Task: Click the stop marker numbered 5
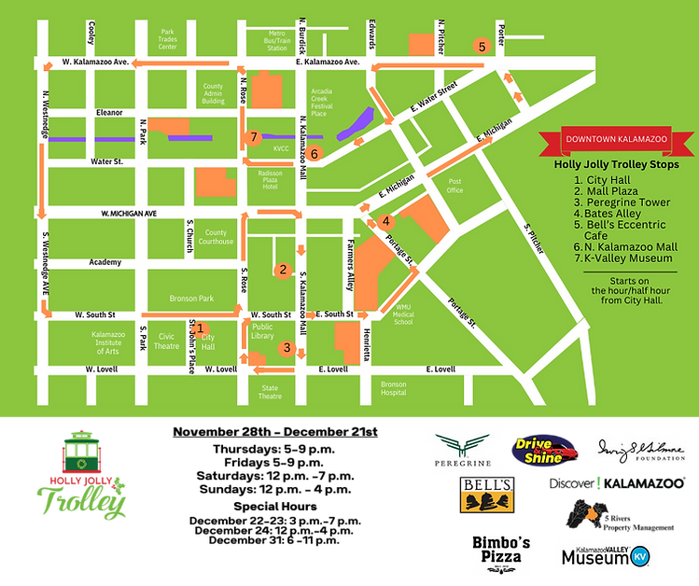(482, 46)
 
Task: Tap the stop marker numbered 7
(251, 137)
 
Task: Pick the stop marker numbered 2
(281, 271)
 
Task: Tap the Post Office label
(455, 185)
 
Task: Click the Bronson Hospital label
(394, 388)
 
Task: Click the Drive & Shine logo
(544, 450)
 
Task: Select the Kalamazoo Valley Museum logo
(603, 555)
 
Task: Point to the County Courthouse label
(217, 237)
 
